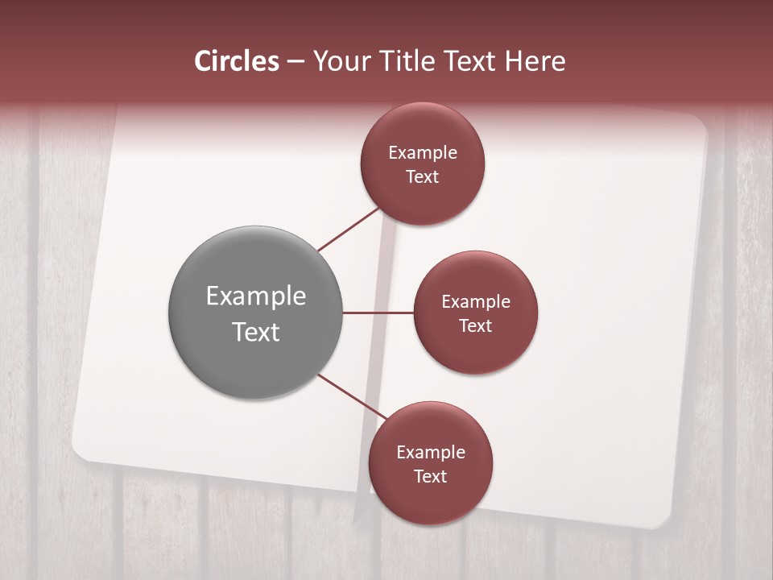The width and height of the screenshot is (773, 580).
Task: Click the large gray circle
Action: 256,313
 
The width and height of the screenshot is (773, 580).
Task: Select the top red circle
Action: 422,164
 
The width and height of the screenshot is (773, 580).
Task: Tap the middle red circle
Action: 475,313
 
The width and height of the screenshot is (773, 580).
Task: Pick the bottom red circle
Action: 430,463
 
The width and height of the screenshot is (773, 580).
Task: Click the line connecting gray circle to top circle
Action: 349,229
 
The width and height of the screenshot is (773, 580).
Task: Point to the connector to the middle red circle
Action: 378,313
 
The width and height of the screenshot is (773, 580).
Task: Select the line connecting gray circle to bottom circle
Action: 351,398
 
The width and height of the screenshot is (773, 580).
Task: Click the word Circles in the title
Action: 237,61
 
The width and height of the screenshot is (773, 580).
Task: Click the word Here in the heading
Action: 535,61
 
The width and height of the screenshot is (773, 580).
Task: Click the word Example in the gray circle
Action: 256,296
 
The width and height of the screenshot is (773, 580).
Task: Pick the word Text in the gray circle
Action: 256,332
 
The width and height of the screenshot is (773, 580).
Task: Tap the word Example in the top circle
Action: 423,153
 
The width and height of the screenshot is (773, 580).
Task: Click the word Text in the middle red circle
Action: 475,325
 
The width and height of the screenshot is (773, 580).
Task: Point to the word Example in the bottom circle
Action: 431,453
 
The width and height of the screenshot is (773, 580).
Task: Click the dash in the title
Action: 295,62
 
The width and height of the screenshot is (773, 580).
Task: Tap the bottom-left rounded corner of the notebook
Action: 81,452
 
